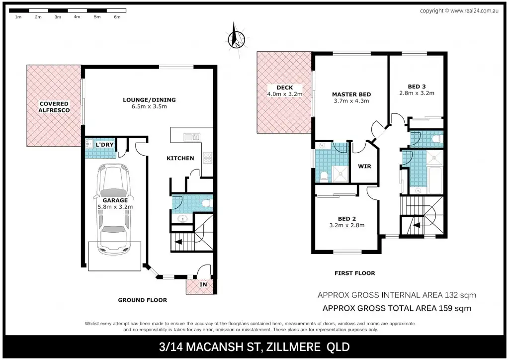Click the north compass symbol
(236, 40)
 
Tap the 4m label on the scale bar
(77, 17)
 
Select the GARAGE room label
(115, 200)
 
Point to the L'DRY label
(104, 145)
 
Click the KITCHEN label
(180, 158)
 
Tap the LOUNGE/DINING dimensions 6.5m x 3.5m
(149, 106)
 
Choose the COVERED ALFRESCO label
(54, 107)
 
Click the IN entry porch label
(203, 284)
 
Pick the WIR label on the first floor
(364, 166)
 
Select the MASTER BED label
(351, 94)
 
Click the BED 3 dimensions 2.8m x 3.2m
(417, 93)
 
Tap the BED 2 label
(346, 219)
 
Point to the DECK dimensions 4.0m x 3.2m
(285, 94)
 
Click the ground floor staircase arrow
(178, 242)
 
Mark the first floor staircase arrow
(417, 225)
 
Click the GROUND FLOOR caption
(143, 300)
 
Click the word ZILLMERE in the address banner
(293, 347)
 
